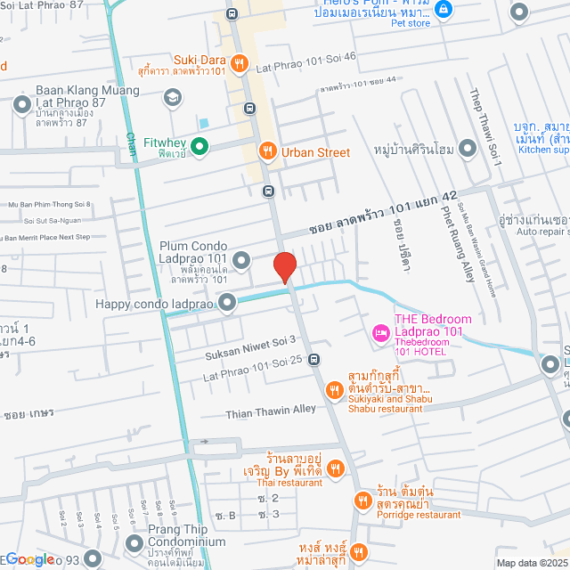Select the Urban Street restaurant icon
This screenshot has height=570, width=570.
pos(266,152)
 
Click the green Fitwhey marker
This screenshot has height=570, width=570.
pos(199,147)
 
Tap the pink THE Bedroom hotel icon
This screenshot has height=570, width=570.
pos(381,333)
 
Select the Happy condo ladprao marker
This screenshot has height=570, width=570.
pos(228,304)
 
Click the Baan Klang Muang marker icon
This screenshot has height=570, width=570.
pos(22,106)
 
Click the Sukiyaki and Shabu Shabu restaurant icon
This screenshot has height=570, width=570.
pos(334,389)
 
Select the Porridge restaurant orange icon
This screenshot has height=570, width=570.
pos(362,501)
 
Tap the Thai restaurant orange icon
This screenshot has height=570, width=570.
pos(335,468)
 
